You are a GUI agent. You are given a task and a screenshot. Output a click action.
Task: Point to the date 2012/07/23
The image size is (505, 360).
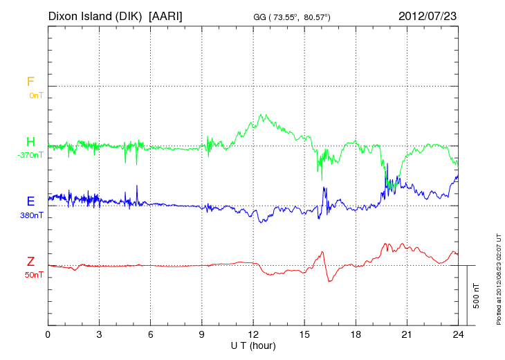coord(428,15)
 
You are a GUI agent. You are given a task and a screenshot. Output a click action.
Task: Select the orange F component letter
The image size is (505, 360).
coord(30,82)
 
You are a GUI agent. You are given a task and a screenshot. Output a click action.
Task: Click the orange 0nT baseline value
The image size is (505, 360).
coord(35,96)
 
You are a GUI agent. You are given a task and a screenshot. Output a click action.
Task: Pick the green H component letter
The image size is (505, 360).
coord(30,142)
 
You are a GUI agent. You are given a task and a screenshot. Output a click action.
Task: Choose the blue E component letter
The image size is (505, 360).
coord(30,201)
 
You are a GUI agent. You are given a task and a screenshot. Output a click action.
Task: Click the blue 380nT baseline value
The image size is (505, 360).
coord(32,215)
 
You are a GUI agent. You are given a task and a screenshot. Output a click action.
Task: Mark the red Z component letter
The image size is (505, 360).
coord(30,261)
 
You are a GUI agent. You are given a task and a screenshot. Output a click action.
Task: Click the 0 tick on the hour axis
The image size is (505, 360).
coord(48,335)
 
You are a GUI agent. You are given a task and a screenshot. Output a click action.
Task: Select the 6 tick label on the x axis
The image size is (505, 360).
coord(150,335)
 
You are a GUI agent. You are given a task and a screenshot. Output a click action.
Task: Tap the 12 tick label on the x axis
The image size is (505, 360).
coord(253,335)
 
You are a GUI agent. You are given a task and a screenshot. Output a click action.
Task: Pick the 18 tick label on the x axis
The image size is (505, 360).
coord(356,335)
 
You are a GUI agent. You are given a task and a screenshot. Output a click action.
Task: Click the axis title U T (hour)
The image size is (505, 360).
coord(253,345)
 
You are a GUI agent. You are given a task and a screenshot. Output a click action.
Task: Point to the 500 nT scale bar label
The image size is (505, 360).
coord(477,295)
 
